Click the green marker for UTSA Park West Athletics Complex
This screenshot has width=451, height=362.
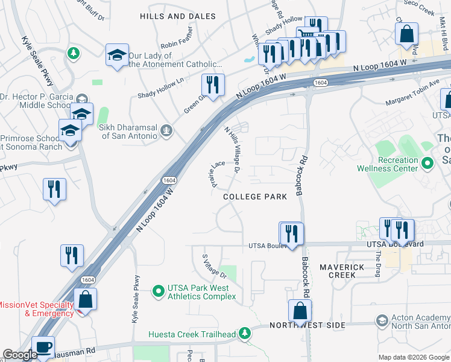coord(158,292)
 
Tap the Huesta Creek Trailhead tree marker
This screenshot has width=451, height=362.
coord(244,332)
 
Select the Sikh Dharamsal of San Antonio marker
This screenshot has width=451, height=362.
coord(167,131)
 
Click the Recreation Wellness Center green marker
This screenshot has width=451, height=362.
coord(427,164)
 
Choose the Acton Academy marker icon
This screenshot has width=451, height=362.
coord(381,320)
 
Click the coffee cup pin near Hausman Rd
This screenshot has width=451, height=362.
coord(43,347)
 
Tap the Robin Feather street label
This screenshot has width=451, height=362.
coord(177,45)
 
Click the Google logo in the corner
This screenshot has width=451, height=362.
coord(20,355)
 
